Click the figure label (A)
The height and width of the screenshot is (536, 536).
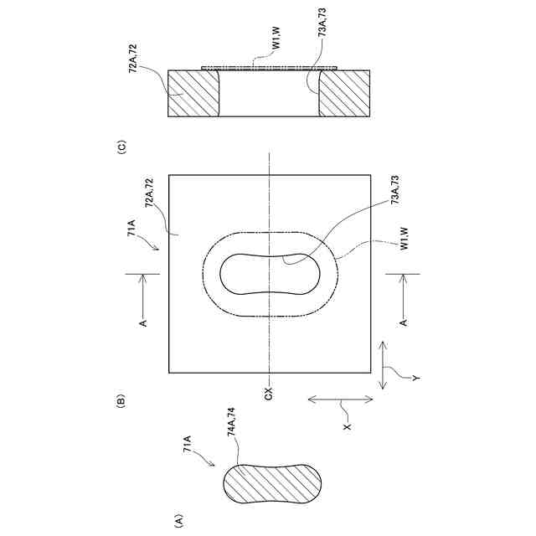coord(178,519)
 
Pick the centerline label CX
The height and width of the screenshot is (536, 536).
coord(269,392)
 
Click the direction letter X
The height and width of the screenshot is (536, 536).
coord(347,427)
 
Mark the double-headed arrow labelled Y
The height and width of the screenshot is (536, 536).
coord(382,364)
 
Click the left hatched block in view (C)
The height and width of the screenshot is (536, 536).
coord(194,93)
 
